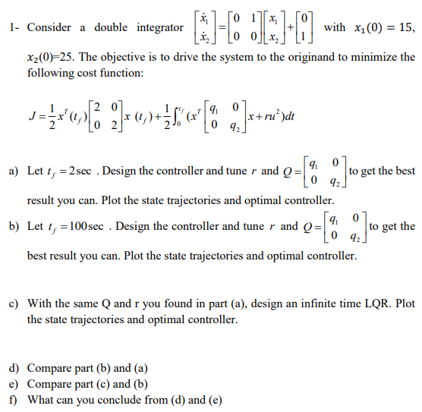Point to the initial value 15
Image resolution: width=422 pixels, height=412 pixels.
[x=408, y=27]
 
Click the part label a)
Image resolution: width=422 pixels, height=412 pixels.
[x=14, y=171]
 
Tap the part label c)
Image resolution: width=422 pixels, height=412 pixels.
[x=14, y=303]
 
